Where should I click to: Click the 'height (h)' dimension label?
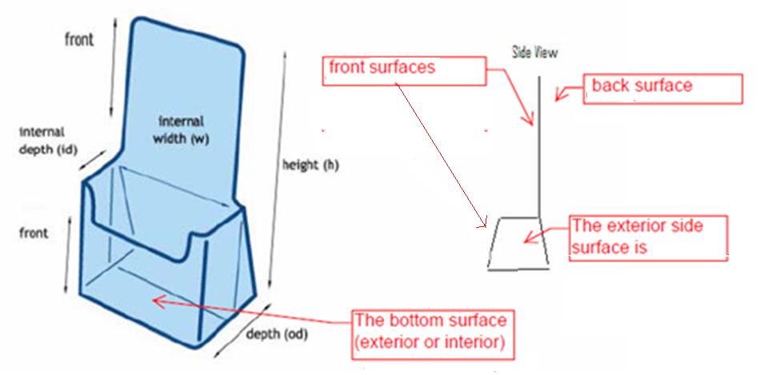[307, 166]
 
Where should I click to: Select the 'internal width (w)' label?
[181, 130]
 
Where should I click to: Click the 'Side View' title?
[534, 53]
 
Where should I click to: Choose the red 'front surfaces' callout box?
[406, 70]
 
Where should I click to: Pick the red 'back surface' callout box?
[664, 86]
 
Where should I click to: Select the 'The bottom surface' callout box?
[431, 333]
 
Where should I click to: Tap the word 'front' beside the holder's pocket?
[34, 233]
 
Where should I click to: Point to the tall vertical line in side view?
[540, 144]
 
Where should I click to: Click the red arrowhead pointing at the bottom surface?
[156, 301]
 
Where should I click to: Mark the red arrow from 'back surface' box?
[567, 94]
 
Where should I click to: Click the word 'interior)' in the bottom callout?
[472, 345]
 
